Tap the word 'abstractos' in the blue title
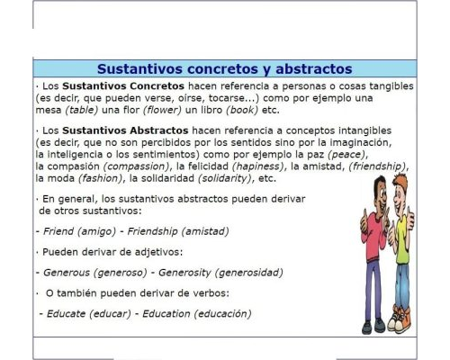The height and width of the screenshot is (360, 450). tap(301, 69)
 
